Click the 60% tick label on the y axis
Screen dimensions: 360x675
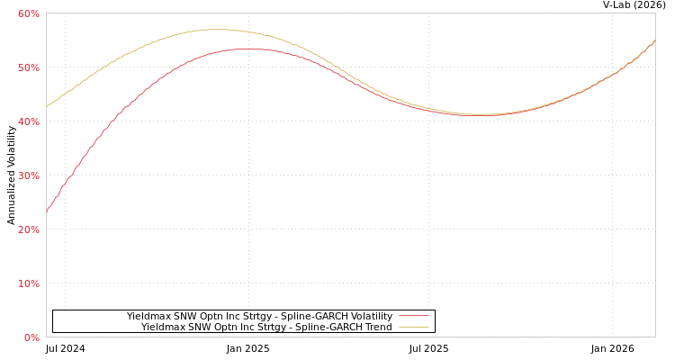[x=28, y=13]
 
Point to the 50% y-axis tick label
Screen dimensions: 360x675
[x=28, y=67]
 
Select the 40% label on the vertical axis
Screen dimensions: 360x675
[x=28, y=121]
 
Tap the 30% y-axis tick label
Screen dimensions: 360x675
[x=28, y=175]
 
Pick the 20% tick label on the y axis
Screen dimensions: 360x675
[x=28, y=229]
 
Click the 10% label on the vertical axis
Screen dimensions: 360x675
[x=28, y=283]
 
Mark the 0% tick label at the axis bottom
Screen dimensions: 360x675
[x=31, y=337]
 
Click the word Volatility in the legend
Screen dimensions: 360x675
[x=371, y=317]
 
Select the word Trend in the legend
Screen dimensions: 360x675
[x=377, y=328]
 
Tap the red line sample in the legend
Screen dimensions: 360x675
[x=414, y=317]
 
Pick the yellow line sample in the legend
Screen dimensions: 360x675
[x=414, y=328]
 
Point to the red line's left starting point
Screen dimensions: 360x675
[x=47, y=212]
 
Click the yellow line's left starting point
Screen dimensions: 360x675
[x=47, y=106]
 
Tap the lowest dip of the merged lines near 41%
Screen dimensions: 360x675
[x=481, y=115]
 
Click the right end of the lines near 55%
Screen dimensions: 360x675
[x=654, y=40]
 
